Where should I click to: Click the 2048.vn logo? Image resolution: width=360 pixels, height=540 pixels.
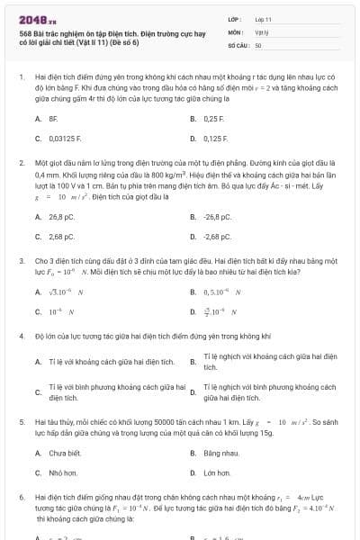(x=37, y=19)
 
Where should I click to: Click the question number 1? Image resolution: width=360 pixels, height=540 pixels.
(x=21, y=78)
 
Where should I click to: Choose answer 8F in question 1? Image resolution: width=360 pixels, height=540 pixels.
(x=53, y=118)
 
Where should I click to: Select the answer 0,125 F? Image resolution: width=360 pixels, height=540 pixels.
(x=215, y=139)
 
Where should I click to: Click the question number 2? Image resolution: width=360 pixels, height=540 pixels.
(x=21, y=163)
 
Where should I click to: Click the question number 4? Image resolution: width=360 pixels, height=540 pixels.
(x=21, y=336)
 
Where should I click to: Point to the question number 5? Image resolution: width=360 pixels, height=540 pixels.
(x=21, y=420)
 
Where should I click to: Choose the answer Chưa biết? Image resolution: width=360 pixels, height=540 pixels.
(x=64, y=453)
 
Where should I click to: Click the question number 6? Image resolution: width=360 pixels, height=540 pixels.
(x=21, y=496)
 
